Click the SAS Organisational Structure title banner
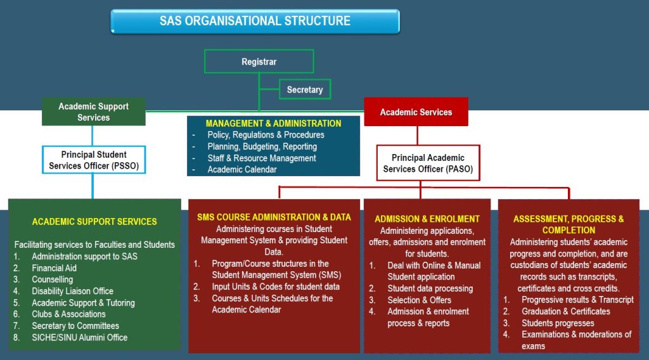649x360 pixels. (x=255, y=21)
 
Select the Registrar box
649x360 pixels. (x=259, y=62)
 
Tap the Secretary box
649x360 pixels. (x=304, y=89)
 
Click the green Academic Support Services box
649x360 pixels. (x=93, y=112)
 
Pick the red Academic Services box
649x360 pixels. (x=416, y=112)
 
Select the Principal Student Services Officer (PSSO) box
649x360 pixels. (x=94, y=160)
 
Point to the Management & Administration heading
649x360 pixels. (x=273, y=124)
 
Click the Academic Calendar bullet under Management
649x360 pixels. (x=242, y=169)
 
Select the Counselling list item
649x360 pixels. (x=52, y=280)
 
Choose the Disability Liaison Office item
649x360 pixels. (x=72, y=291)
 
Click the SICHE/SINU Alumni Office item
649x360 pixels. (x=79, y=337)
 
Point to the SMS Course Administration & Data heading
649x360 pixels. (x=274, y=217)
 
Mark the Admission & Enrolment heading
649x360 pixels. (x=427, y=219)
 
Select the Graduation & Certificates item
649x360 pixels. (x=565, y=311)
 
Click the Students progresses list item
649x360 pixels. (x=558, y=323)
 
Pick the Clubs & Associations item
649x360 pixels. (x=68, y=314)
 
